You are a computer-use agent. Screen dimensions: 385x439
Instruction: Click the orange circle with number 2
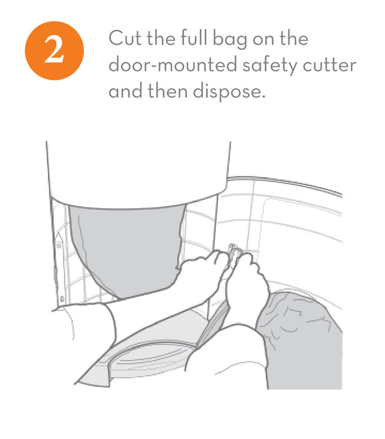tap(55, 50)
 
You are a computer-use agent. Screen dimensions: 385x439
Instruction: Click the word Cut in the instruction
tap(125, 38)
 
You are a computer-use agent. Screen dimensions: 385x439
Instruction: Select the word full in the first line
tap(193, 38)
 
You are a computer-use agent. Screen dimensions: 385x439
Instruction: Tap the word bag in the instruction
tap(230, 39)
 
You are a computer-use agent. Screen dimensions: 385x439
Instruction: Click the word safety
tap(269, 66)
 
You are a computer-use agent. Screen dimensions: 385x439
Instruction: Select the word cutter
tap(329, 65)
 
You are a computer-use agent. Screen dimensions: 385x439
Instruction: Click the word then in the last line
tap(167, 91)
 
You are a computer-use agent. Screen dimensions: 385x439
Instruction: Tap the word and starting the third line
tap(125, 91)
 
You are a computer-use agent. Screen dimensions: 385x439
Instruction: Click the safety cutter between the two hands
tap(233, 252)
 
